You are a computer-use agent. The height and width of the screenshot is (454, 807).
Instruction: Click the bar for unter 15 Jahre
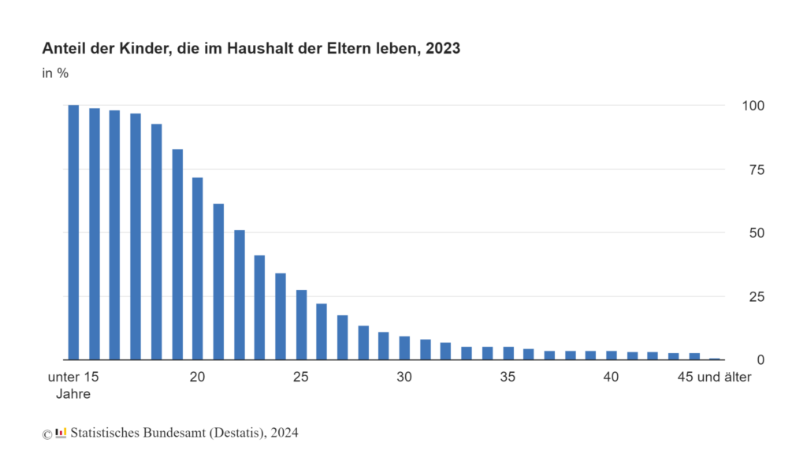pyautogui.click(x=73, y=233)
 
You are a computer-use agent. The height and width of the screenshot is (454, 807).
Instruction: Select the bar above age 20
pyautogui.click(x=198, y=269)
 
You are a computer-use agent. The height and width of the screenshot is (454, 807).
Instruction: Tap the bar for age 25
pyautogui.click(x=301, y=325)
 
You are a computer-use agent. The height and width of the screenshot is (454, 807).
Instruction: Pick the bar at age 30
pyautogui.click(x=404, y=348)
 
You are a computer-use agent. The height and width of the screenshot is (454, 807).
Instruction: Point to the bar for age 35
pyautogui.click(x=508, y=353)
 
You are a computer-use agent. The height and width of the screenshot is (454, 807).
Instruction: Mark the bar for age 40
pyautogui.click(x=612, y=355)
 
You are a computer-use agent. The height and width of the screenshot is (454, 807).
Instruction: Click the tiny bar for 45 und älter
pyautogui.click(x=715, y=359)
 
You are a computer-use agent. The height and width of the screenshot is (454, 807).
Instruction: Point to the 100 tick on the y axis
pyautogui.click(x=753, y=106)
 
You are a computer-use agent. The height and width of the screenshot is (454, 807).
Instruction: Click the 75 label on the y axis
pyautogui.click(x=757, y=170)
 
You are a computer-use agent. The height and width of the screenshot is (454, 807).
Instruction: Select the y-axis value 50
pyautogui.click(x=757, y=233)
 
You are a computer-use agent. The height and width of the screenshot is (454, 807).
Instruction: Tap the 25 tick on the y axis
pyautogui.click(x=757, y=297)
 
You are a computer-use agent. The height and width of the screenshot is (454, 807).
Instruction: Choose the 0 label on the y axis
pyautogui.click(x=761, y=360)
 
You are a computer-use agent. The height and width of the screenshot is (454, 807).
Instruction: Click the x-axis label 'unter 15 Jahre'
pyautogui.click(x=73, y=385)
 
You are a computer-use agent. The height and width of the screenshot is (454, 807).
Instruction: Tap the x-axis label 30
pyautogui.click(x=404, y=378)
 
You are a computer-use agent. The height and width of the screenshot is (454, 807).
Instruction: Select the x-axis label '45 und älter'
pyautogui.click(x=714, y=378)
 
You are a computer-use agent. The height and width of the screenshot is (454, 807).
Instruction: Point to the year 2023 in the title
pyautogui.click(x=443, y=48)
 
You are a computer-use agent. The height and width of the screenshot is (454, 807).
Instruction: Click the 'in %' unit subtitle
pyautogui.click(x=55, y=73)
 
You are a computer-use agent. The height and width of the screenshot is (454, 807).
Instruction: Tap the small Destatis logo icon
pyautogui.click(x=61, y=433)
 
